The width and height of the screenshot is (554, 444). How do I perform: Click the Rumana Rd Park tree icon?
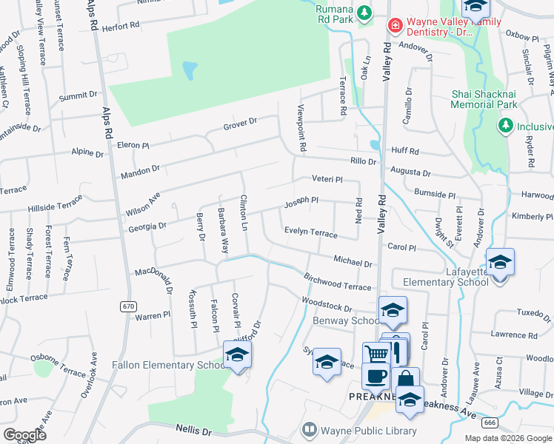(x=364, y=13)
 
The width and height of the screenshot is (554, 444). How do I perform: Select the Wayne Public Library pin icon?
(x=310, y=430)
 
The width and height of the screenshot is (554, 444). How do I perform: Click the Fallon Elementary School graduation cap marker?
(x=237, y=355)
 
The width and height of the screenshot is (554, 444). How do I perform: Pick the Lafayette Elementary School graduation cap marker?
(x=500, y=263)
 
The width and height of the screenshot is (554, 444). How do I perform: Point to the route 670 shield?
(x=127, y=306)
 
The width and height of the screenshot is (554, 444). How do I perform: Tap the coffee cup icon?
(x=376, y=375)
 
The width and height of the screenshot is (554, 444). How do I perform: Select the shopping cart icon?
(x=377, y=354)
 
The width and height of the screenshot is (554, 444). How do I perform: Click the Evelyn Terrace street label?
(x=311, y=232)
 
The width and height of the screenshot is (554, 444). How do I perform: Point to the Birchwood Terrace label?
(x=337, y=281)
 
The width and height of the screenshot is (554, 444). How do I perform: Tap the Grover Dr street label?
(x=240, y=124)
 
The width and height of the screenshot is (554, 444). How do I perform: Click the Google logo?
(x=25, y=435)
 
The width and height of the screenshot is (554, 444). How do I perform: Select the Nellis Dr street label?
(x=194, y=428)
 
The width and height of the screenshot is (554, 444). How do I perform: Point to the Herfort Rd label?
(x=121, y=25)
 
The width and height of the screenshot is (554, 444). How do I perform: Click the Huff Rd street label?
(x=405, y=151)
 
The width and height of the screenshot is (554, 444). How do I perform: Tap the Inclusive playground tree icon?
(x=506, y=126)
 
